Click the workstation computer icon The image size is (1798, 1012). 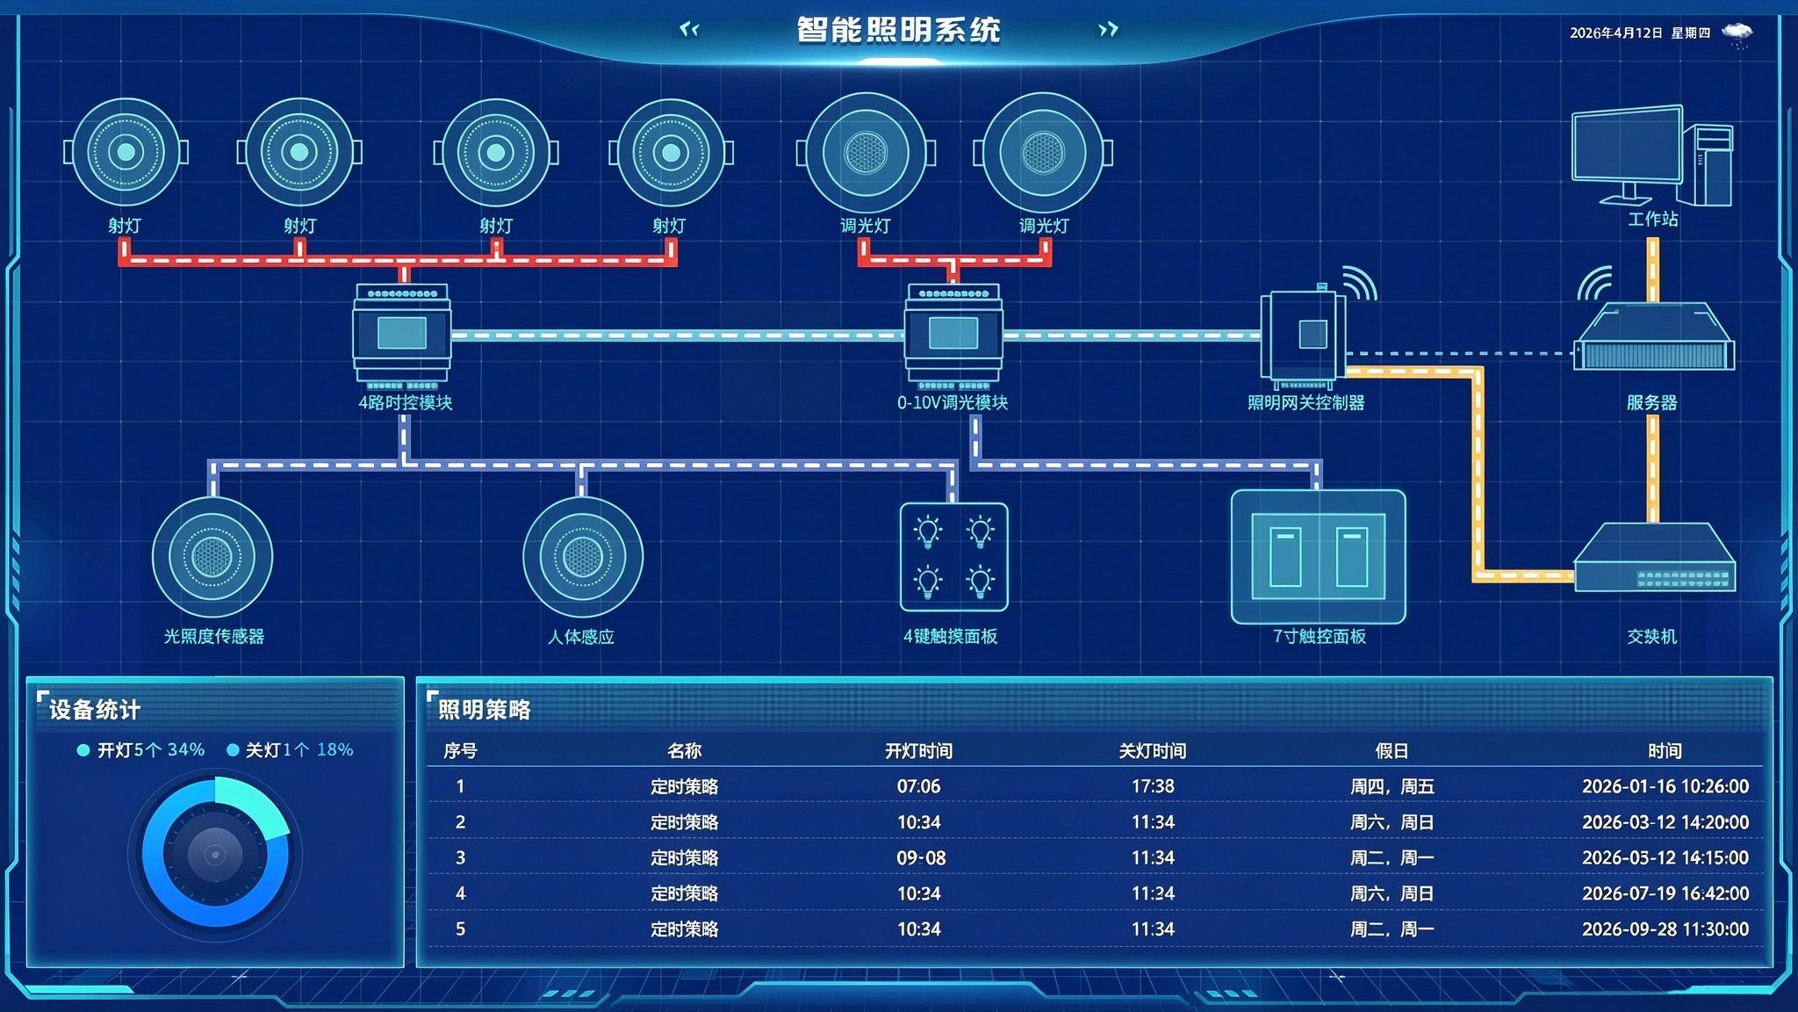[1651, 156]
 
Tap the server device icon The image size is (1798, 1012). [1654, 336]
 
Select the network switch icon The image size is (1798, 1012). [1654, 557]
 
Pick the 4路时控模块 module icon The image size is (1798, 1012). [402, 335]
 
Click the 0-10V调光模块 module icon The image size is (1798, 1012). [953, 335]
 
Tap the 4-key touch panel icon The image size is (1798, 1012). [954, 557]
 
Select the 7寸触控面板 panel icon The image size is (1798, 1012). [1318, 557]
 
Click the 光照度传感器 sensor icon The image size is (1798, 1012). [212, 557]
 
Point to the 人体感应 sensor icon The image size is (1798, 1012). [583, 557]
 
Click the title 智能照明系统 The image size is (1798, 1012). [898, 30]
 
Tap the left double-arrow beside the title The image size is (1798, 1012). [689, 30]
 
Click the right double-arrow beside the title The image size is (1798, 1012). [1109, 30]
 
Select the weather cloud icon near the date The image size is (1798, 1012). [1737, 34]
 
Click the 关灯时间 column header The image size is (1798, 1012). [1152, 751]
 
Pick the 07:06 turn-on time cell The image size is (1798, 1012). [918, 786]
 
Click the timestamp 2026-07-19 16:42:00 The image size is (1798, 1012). [1665, 893]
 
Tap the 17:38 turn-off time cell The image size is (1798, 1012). [1153, 786]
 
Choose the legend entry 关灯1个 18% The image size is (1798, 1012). [290, 750]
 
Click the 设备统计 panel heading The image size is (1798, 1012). [95, 710]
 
